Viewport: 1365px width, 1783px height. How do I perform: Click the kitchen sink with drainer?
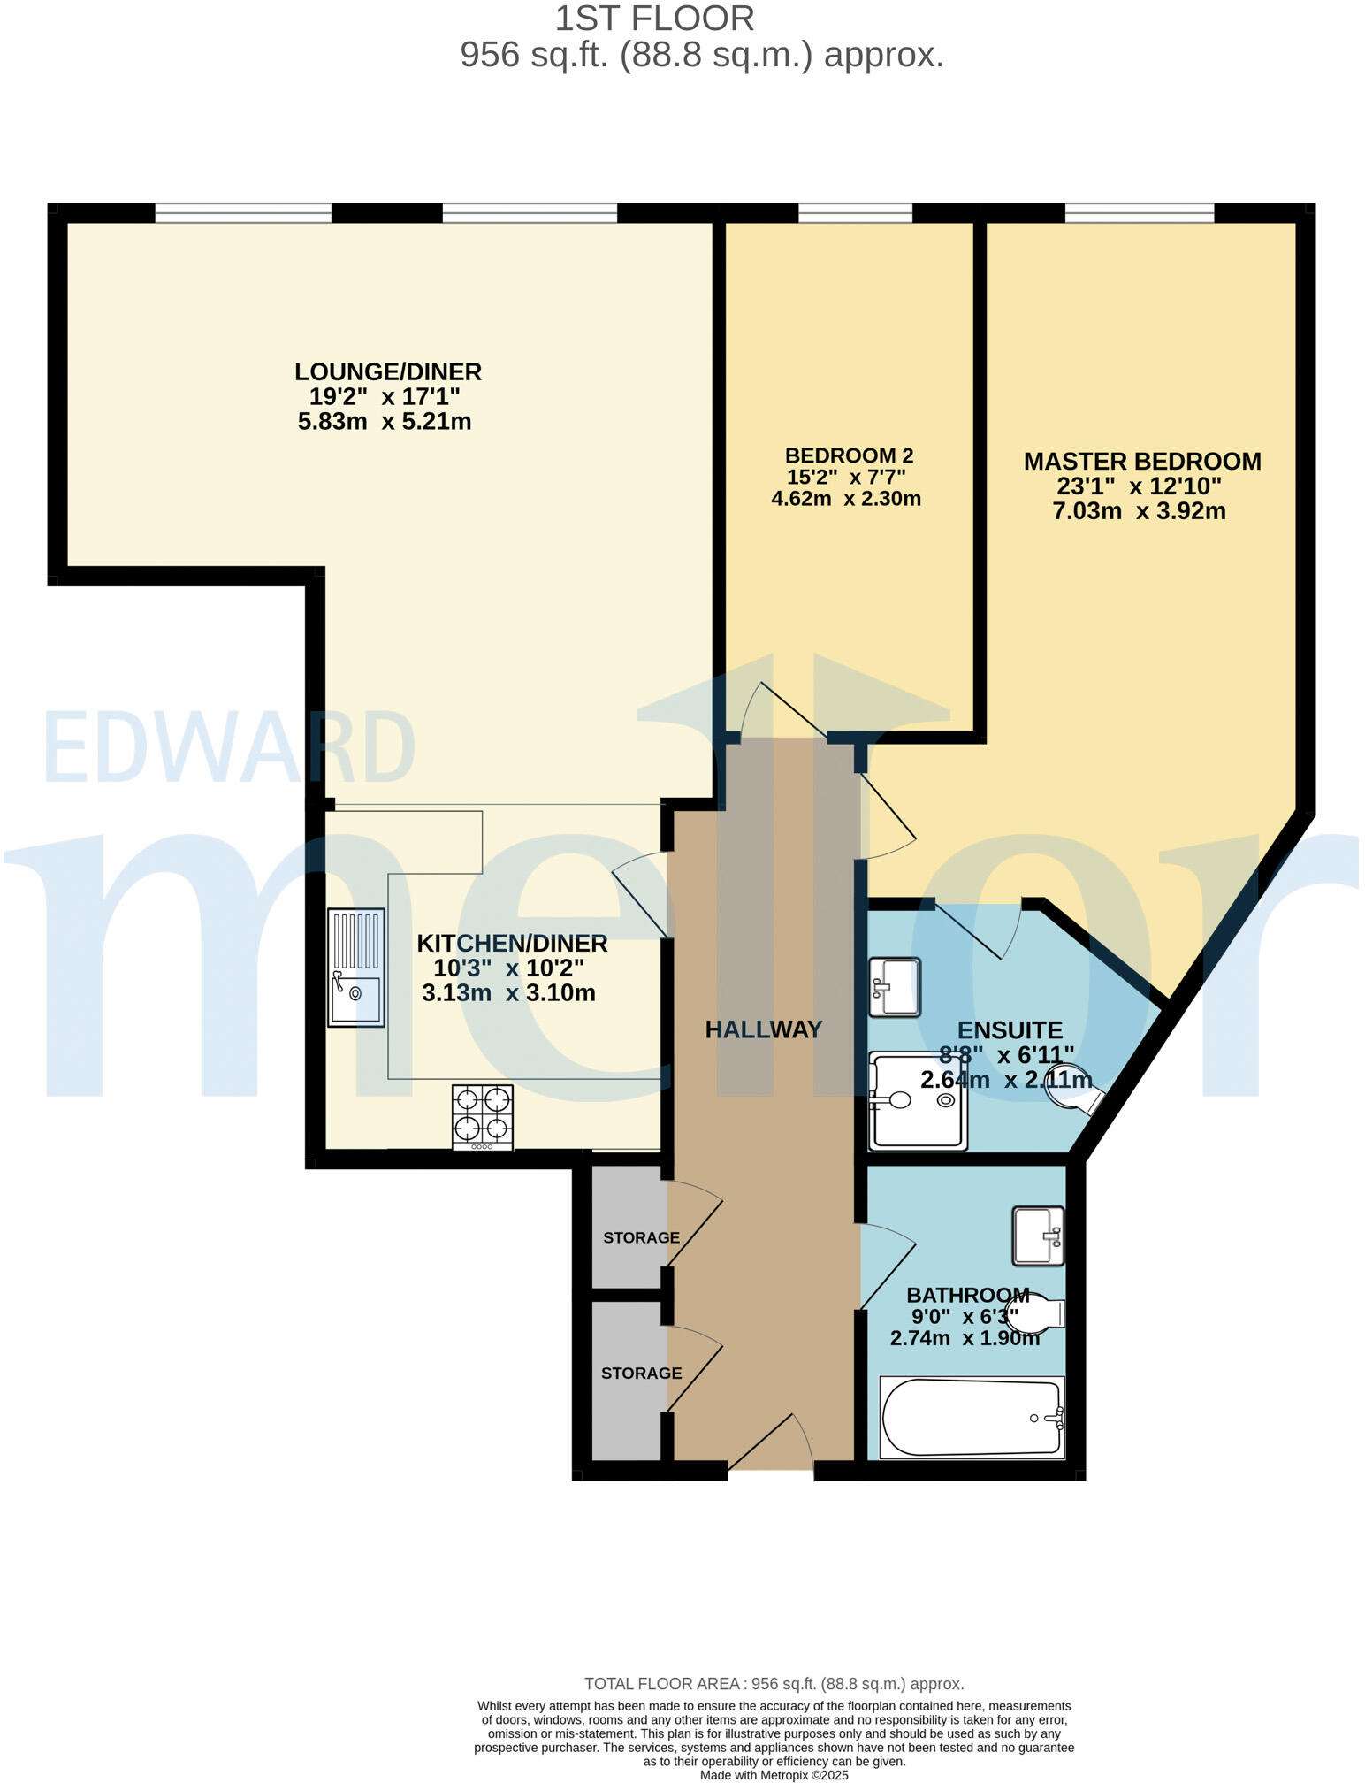coord(356,967)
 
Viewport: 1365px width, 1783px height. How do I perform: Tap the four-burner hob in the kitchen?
coord(482,1116)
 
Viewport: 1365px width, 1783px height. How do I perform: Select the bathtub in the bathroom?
coord(972,1418)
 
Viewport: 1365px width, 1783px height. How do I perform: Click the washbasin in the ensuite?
coord(894,986)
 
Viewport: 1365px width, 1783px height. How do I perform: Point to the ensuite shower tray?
coord(917,1100)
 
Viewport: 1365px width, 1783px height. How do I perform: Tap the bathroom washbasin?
coord(1038,1236)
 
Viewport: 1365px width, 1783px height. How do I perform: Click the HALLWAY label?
coord(764,1029)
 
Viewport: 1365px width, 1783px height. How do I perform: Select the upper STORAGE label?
coord(641,1237)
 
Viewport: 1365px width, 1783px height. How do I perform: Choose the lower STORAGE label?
coord(641,1373)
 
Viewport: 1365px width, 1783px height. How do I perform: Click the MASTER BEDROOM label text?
coord(1141,461)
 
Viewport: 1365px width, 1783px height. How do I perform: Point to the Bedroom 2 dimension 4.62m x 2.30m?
coord(846,499)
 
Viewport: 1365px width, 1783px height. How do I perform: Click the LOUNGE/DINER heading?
coord(388,371)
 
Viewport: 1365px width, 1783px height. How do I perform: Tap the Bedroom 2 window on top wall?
coord(855,212)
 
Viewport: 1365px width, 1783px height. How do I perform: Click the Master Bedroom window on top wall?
coord(1139,212)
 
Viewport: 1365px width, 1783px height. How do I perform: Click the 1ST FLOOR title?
coord(654,19)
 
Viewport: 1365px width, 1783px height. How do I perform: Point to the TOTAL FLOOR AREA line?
coord(774,1684)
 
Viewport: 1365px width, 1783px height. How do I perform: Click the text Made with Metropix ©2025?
coord(774,1774)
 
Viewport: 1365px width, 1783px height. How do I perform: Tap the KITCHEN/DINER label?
coord(512,943)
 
